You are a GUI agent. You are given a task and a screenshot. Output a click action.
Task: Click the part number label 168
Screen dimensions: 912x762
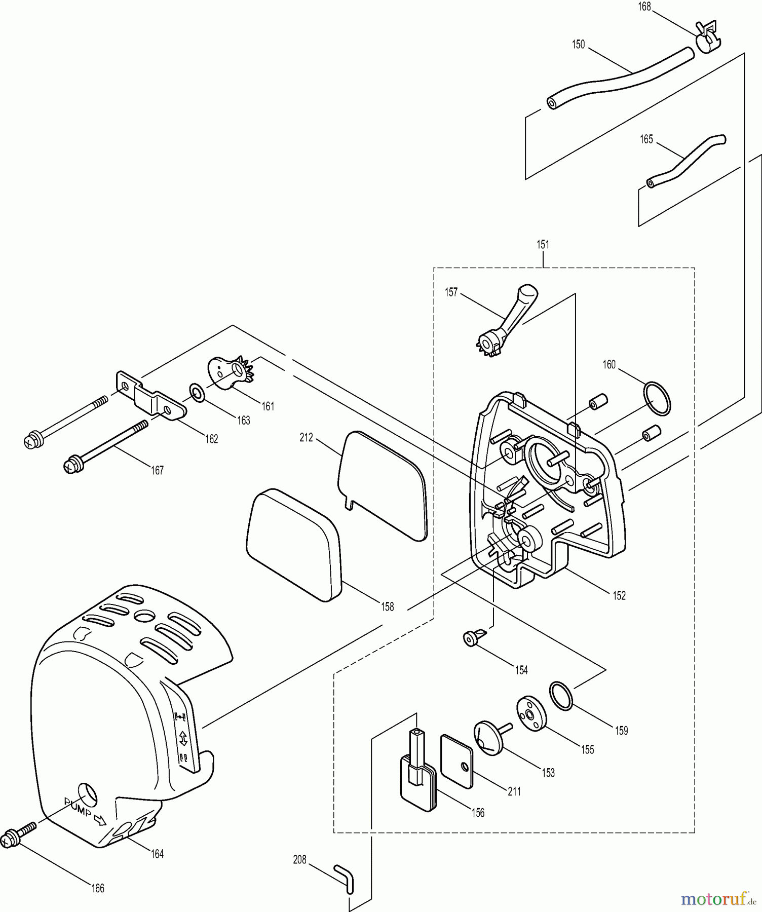click(644, 7)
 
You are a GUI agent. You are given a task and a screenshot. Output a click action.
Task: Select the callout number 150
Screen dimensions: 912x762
click(578, 45)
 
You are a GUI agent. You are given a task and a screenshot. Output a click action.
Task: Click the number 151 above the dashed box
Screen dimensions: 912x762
click(543, 245)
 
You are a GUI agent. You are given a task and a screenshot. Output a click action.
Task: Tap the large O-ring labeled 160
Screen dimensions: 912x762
click(657, 399)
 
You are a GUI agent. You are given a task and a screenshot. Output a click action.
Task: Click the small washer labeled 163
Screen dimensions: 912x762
click(197, 392)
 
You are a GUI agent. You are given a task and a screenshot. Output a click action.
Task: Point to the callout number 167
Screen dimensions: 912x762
click(158, 471)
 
